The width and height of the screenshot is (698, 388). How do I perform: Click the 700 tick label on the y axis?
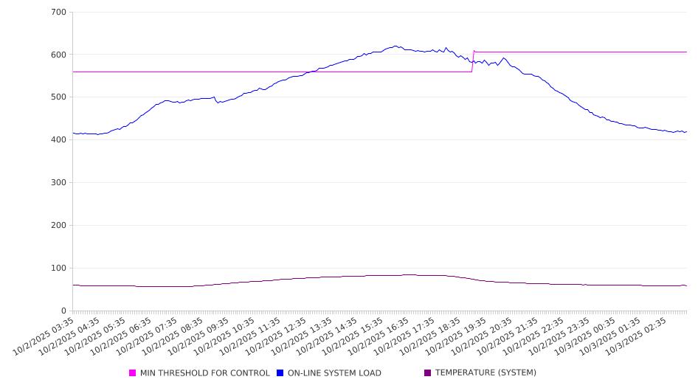coord(59,13)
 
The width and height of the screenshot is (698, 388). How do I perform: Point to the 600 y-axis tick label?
coord(59,55)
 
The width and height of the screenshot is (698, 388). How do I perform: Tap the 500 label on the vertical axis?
coord(59,97)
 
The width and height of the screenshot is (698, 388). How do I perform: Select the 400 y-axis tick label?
coord(59,140)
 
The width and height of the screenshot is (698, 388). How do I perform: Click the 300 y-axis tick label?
coord(59,183)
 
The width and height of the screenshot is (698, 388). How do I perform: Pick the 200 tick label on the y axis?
coord(59,226)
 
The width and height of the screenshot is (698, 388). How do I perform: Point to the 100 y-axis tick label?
coord(59,269)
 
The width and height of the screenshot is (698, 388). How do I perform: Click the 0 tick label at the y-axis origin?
coord(64,311)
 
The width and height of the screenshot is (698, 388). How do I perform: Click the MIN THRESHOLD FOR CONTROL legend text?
coord(204,373)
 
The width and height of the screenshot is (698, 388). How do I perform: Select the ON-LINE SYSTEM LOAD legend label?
coord(334,373)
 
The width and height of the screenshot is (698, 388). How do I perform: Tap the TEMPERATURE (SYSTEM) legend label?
coord(486,373)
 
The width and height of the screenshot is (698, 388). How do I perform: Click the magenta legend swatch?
coord(133,373)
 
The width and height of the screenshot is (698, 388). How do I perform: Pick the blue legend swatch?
coord(280,373)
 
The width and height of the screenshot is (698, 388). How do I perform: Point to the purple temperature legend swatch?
coord(428,373)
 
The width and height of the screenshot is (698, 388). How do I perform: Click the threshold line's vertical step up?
coord(473,61)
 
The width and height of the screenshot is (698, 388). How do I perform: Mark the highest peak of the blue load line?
coord(395,46)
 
